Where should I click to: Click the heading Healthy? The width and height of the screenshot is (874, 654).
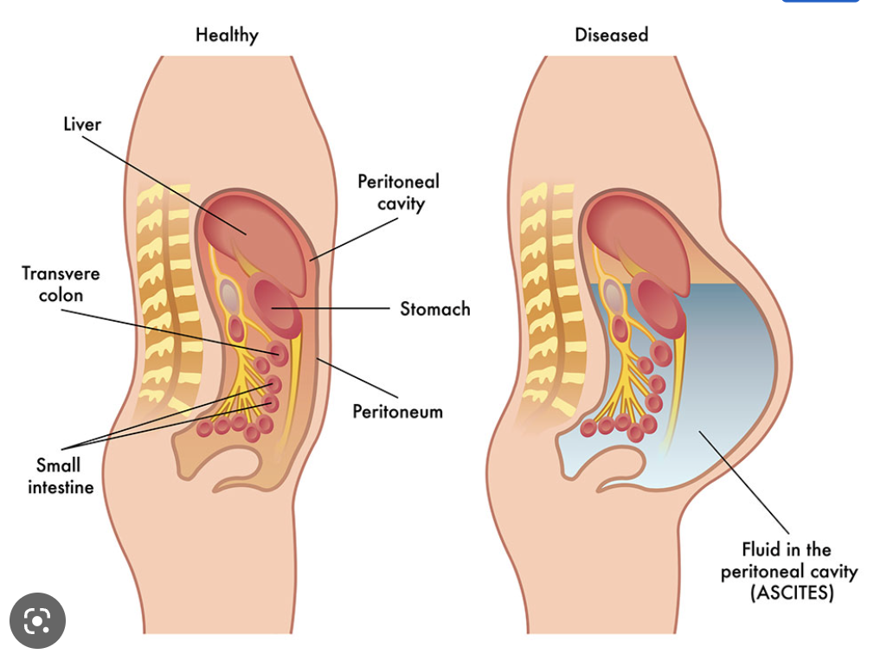[227, 35]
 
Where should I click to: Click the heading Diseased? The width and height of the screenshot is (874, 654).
[611, 35]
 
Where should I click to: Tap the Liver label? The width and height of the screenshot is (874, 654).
[82, 125]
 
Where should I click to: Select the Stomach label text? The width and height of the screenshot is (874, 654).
[434, 309]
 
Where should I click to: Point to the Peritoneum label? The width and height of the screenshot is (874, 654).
[397, 411]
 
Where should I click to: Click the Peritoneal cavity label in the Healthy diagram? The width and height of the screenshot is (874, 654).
[399, 192]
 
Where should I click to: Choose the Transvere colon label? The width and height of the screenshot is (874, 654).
[61, 284]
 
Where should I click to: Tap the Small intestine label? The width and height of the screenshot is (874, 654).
[59, 476]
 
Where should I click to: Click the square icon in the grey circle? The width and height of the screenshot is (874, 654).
[37, 619]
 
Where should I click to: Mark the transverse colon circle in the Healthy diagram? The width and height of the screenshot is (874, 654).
[278, 352]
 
